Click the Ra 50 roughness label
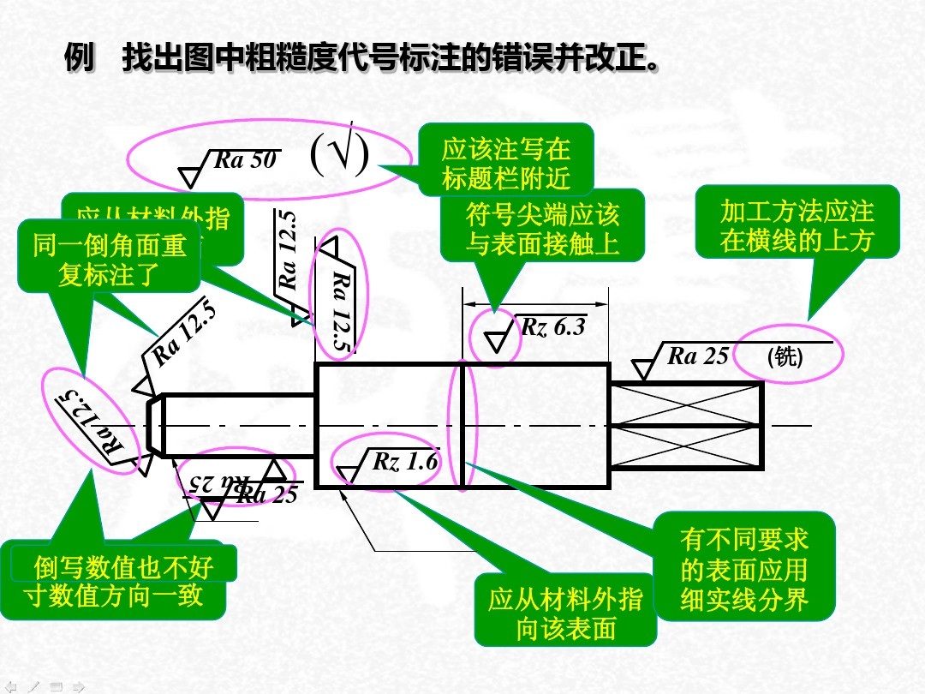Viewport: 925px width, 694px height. (x=244, y=160)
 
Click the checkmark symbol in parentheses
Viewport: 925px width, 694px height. (x=339, y=154)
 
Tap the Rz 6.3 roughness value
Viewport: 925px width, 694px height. (x=552, y=326)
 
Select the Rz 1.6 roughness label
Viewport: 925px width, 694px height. (x=405, y=462)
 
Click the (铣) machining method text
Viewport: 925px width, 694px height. (x=785, y=356)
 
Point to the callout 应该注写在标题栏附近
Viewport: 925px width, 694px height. (x=505, y=164)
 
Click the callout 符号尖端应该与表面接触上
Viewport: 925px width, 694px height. (x=542, y=229)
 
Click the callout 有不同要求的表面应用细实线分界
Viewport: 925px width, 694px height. (x=743, y=569)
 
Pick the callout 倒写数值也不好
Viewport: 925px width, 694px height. (x=123, y=566)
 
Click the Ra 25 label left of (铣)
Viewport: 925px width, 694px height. (x=697, y=356)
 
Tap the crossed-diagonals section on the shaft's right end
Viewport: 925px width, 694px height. (x=685, y=426)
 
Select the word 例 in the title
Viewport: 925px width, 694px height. (x=80, y=59)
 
